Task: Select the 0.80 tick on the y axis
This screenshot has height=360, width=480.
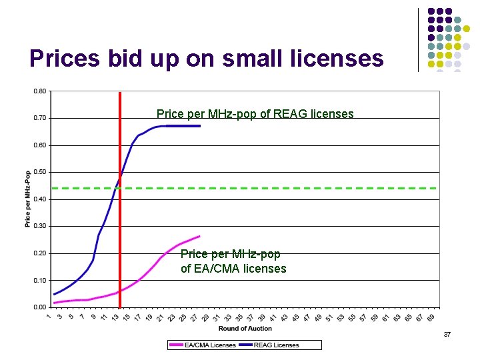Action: (40, 91)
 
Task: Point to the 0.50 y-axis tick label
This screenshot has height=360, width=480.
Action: (40, 172)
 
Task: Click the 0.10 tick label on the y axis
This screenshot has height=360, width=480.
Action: (40, 281)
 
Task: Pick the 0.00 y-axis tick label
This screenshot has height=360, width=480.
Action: (40, 307)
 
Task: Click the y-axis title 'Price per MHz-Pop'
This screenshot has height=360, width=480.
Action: (28, 199)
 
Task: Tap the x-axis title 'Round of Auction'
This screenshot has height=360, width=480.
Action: (245, 328)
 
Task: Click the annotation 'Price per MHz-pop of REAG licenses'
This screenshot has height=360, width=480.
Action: (255, 114)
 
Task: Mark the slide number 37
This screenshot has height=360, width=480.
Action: (447, 333)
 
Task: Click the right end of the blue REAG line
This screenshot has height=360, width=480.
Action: (199, 125)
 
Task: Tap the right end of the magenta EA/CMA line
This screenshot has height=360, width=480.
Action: (199, 236)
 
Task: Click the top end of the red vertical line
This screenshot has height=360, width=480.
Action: (119, 93)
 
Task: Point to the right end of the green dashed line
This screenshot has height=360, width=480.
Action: (436, 188)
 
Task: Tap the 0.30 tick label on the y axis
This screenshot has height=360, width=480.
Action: (40, 226)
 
